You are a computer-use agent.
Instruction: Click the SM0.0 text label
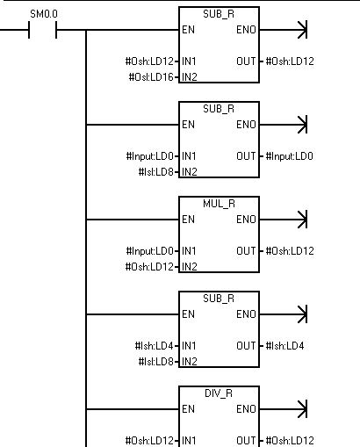point(44,14)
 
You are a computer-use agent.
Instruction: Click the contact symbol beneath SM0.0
point(42,30)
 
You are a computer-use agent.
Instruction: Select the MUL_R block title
point(219,204)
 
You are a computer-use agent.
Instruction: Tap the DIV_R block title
point(219,393)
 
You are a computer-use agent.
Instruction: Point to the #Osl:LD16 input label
point(151,77)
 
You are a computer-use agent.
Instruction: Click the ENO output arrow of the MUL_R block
point(284,220)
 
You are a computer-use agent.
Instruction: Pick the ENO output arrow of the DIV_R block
point(284,409)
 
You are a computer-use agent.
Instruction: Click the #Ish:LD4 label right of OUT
point(284,346)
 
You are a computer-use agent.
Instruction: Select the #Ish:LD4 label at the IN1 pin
point(154,346)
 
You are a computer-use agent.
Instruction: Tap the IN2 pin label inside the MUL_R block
point(190,267)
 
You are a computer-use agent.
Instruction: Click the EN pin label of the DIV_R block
point(188,409)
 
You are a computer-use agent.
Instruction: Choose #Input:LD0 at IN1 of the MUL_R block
point(150,251)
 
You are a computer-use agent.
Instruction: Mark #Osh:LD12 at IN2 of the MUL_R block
point(149,267)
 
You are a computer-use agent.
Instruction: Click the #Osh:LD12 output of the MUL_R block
point(290,251)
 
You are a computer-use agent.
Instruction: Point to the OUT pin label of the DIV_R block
point(246,440)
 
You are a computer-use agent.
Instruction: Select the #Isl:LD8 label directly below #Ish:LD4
point(156,362)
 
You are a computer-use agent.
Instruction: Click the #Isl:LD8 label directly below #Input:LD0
point(156,172)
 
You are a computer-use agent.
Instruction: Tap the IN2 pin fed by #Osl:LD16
point(190,77)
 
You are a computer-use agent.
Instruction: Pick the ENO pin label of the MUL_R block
point(246,220)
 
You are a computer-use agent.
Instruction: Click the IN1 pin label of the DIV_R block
point(189,440)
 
